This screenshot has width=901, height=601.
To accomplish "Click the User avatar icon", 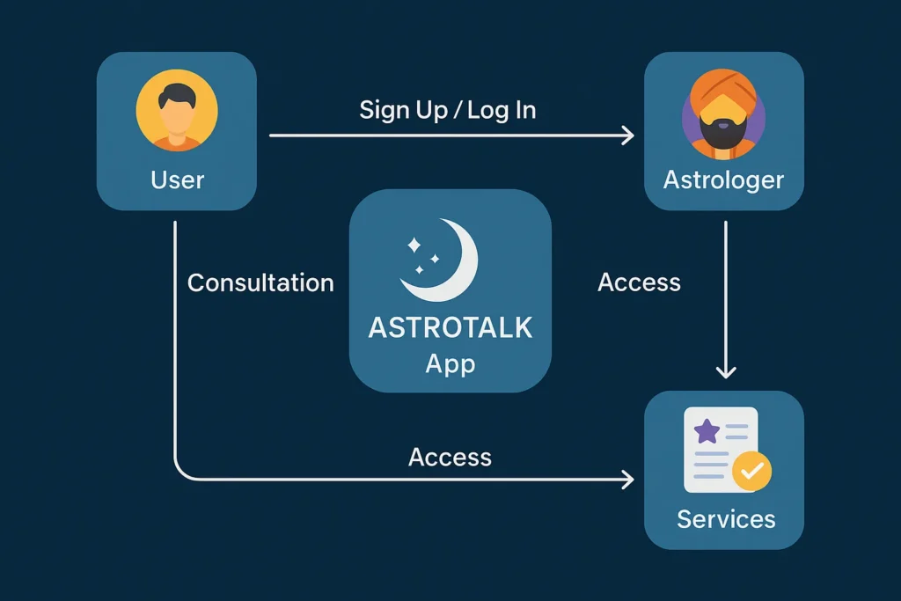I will (x=177, y=111).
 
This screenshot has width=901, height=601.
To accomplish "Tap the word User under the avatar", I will (x=177, y=180).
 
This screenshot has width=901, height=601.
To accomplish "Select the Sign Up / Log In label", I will (x=448, y=110).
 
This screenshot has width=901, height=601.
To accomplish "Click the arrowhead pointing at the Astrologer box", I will (x=627, y=135).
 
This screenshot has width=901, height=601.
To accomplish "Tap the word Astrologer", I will (x=723, y=180).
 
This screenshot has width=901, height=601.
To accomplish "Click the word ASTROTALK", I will (x=450, y=327).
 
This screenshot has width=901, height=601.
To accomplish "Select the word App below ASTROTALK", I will (x=450, y=363).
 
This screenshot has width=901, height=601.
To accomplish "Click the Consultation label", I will (x=260, y=282).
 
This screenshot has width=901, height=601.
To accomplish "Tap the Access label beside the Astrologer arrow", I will (x=639, y=282).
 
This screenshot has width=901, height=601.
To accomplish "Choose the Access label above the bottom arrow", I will (x=450, y=457).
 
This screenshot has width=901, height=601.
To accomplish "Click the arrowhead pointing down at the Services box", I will (x=725, y=371).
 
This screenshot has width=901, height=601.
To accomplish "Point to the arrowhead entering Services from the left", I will (x=627, y=480).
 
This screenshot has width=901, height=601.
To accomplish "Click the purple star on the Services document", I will (x=706, y=431).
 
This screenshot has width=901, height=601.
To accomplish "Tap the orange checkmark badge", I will (x=751, y=472).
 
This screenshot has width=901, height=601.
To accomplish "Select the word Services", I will (x=726, y=519).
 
